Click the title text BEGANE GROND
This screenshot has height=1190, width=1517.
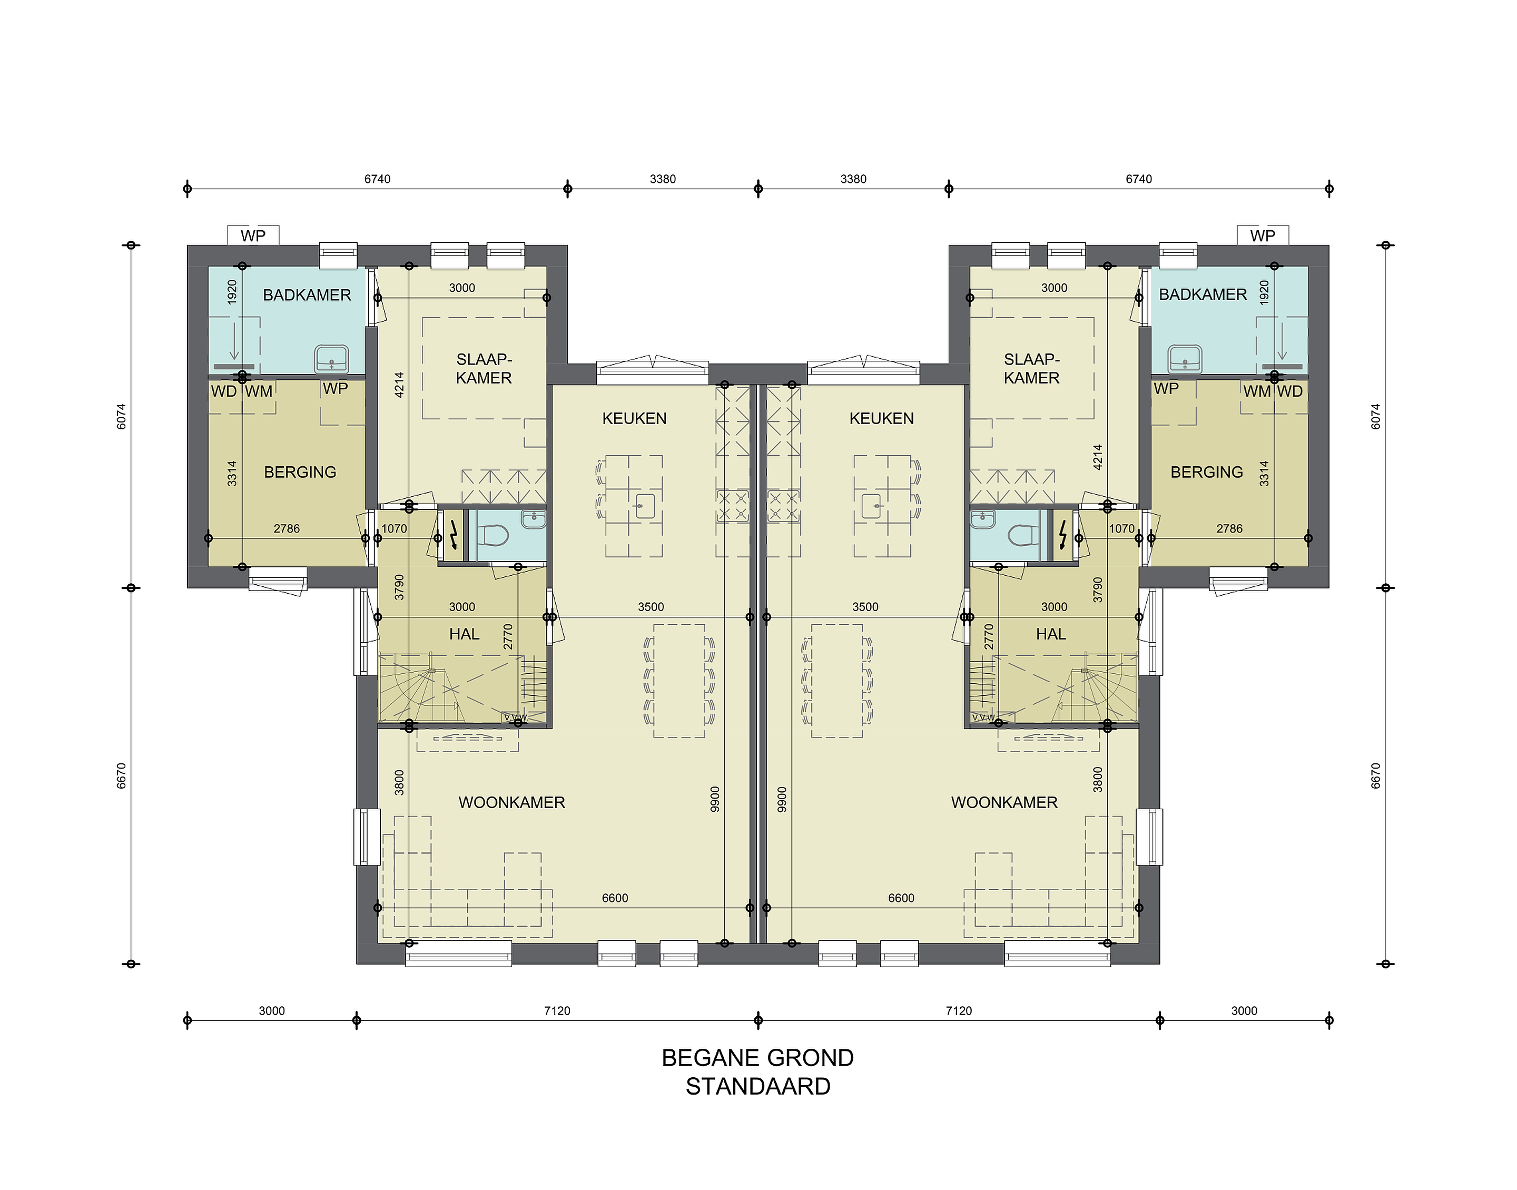[758, 1058]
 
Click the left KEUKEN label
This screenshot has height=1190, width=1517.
[635, 418]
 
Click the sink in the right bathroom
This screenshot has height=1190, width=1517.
[1185, 358]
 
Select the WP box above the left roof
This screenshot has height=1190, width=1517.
[253, 235]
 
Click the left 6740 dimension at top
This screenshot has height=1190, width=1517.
[378, 179]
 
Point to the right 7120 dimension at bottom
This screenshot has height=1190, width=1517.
[959, 1010]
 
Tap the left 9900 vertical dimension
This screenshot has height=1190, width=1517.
[715, 799]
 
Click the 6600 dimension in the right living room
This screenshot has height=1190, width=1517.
[901, 898]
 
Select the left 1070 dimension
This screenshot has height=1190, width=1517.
[394, 528]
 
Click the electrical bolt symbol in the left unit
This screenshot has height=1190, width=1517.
[453, 535]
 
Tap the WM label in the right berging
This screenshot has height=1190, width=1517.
[1257, 391]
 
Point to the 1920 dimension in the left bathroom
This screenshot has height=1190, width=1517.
[232, 292]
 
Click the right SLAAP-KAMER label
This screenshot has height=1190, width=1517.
[1031, 369]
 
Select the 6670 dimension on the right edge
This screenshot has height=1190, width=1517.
[1376, 775]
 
